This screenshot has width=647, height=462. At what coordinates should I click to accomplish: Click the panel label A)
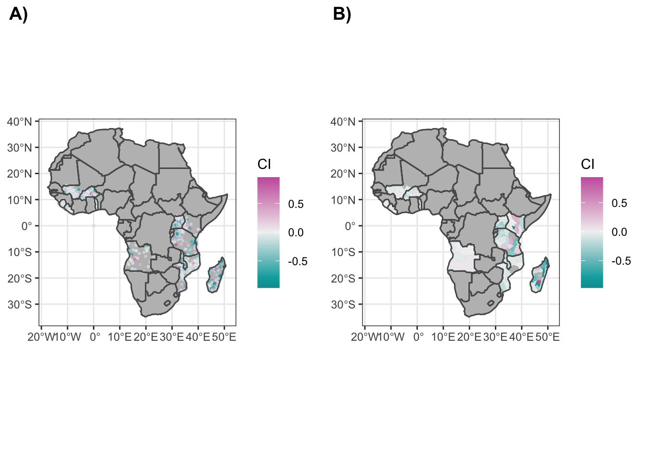click(18, 14)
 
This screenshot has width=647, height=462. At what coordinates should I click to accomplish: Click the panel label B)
click(342, 14)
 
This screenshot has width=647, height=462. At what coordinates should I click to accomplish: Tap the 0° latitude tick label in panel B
click(350, 226)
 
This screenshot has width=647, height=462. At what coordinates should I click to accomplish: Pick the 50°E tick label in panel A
click(224, 337)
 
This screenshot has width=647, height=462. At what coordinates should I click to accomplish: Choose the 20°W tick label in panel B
click(364, 337)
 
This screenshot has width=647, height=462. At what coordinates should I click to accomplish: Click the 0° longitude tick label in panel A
click(95, 337)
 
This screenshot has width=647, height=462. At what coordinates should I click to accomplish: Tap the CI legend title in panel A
click(264, 165)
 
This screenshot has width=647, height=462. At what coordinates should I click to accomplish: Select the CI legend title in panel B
click(588, 165)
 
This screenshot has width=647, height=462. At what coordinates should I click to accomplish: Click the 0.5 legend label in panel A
click(296, 204)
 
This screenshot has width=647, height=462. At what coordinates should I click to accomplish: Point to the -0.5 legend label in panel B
click(621, 261)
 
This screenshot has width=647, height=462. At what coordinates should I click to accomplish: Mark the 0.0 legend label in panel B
click(619, 232)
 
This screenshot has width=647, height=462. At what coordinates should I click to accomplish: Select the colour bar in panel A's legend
click(268, 232)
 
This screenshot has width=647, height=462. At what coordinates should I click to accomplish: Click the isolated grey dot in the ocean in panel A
click(94, 226)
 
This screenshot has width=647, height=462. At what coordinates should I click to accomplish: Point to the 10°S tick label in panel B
click(343, 252)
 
